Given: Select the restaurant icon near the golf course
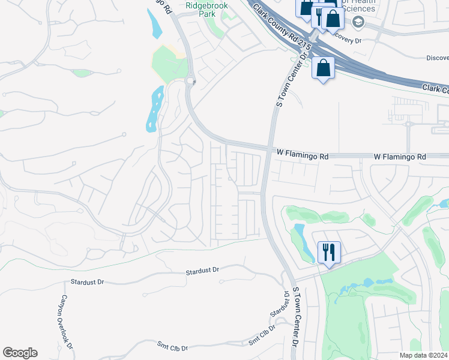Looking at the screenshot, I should coord(328,251).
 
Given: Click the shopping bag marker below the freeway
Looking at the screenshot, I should coord(323,68).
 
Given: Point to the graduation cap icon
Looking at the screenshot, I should coord(358,22).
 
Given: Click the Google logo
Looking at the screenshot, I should coord(20,353).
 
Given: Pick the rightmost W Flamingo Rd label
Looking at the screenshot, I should coord(399,157).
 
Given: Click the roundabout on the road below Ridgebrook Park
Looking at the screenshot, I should coord(190,80).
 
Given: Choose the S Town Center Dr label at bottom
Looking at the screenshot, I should coord(296,318).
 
